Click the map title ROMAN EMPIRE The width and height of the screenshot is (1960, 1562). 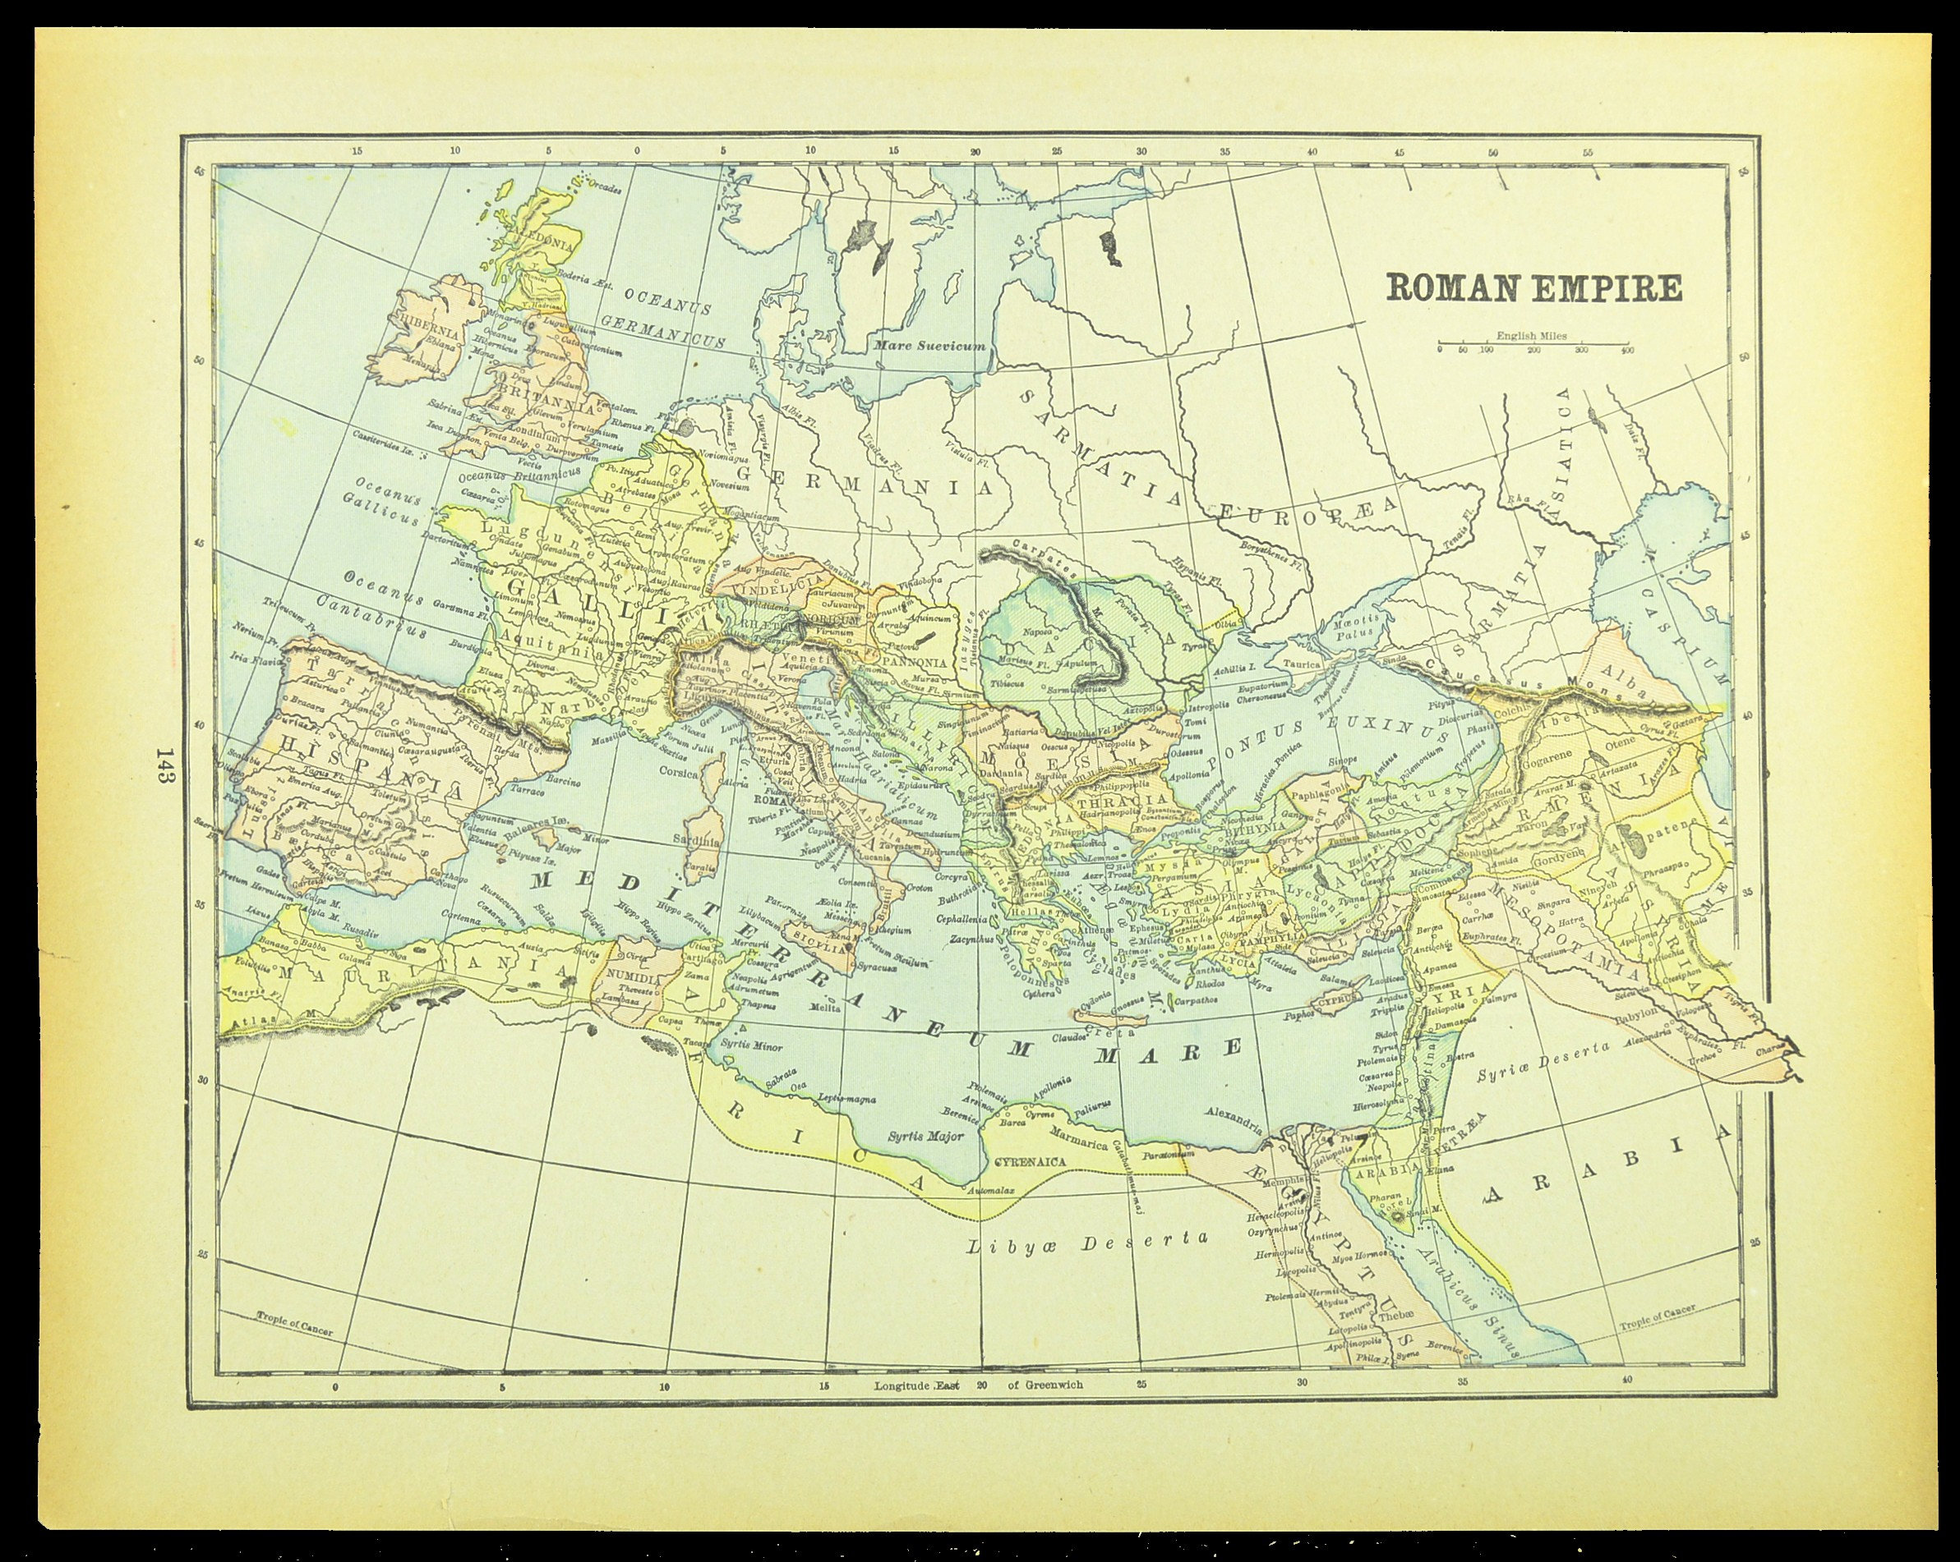click(1533, 287)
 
